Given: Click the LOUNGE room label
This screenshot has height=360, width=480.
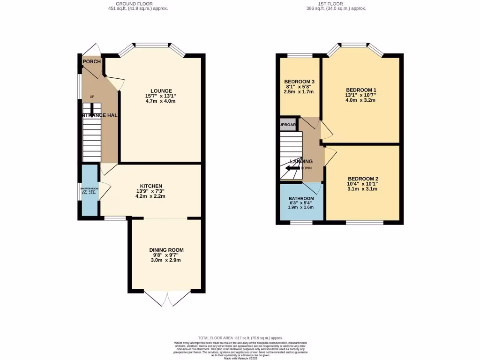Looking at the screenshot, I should [161, 90].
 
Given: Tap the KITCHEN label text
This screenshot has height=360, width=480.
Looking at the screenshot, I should [151, 186].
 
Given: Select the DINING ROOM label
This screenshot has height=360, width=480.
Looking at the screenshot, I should [166, 250].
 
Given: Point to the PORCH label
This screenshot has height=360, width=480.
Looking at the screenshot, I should [92, 62].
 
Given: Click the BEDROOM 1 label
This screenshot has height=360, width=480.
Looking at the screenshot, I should [361, 90].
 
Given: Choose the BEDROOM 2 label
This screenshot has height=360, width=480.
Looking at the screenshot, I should [363, 179].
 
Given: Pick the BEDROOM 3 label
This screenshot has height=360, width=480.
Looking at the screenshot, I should [299, 81].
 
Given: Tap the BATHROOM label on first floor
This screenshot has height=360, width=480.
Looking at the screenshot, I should [301, 199].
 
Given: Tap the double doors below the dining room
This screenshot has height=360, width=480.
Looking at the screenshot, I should [167, 298].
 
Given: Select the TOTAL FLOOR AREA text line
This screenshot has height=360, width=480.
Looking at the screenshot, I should [240, 337].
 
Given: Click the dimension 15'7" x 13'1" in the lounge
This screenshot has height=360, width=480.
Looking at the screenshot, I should [161, 96].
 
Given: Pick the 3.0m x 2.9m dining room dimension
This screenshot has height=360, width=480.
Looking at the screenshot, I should [166, 261].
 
